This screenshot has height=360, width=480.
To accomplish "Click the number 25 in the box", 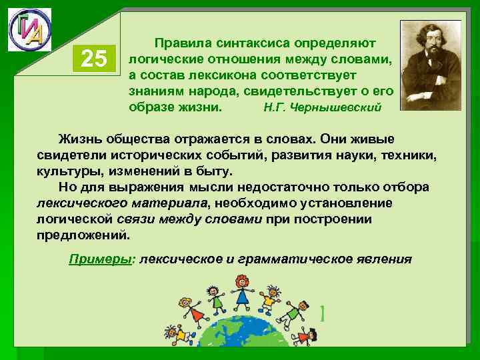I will coord(93,59).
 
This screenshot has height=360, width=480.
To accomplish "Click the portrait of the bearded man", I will coord(430,64).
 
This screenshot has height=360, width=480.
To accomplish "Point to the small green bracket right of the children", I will coord(323,312).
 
